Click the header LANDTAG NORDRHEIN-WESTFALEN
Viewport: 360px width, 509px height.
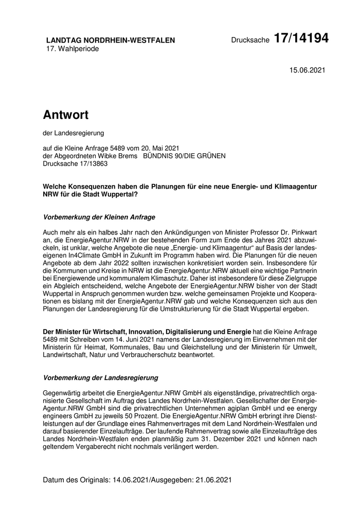click(111, 40)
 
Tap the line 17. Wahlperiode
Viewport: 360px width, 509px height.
click(73, 49)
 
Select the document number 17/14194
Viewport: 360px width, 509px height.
click(301, 38)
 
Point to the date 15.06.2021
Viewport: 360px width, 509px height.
click(307, 70)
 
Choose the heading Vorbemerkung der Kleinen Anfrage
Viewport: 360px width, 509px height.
click(99, 217)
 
